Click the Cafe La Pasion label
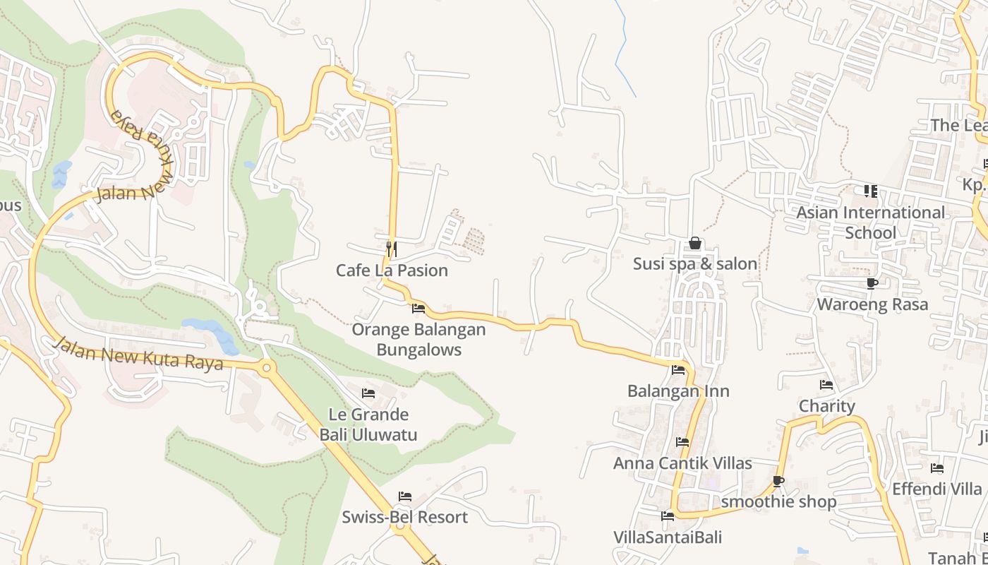(392, 270)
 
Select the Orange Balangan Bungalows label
(418, 340)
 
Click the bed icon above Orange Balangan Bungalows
(418, 309)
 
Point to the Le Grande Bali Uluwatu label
(368, 424)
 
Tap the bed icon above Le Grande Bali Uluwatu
(368, 393)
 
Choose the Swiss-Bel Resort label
(404, 517)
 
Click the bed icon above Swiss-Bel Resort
(404, 496)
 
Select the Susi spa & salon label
(694, 264)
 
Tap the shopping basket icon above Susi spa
(695, 244)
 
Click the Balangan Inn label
(678, 391)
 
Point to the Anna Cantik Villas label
(682, 464)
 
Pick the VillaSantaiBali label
(668, 537)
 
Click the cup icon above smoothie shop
(778, 482)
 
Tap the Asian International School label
(870, 222)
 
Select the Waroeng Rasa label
(872, 304)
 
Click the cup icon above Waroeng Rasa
(872, 284)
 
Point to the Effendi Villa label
(936, 489)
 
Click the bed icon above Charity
(826, 385)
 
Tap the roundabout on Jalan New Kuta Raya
(266, 367)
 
